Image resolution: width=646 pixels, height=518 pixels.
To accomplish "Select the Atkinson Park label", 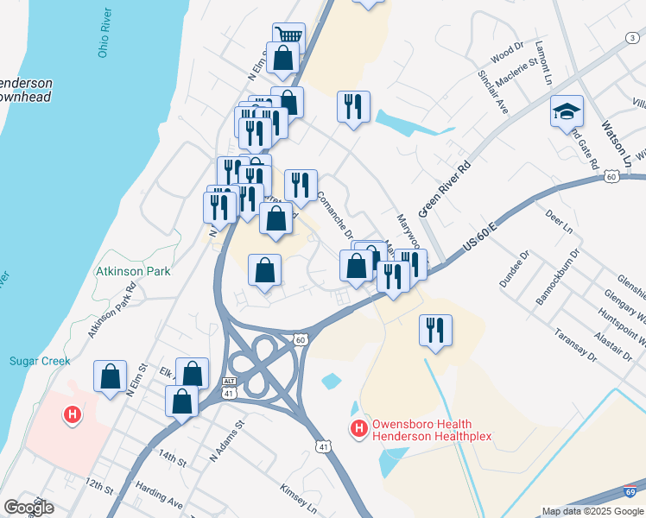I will (133, 270).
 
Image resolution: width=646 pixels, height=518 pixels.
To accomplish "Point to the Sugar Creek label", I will (40, 361).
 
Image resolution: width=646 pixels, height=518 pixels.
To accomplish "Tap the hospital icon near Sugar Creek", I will (73, 415).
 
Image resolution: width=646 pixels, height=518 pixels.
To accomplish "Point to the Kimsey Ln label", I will (298, 500).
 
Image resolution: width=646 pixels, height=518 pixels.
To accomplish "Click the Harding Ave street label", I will (163, 499).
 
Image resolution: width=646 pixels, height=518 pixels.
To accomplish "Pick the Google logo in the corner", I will (28, 507).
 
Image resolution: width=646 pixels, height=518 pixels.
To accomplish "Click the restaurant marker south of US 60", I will (434, 330).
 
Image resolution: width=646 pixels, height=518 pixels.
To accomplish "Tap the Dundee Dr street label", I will (513, 269).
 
